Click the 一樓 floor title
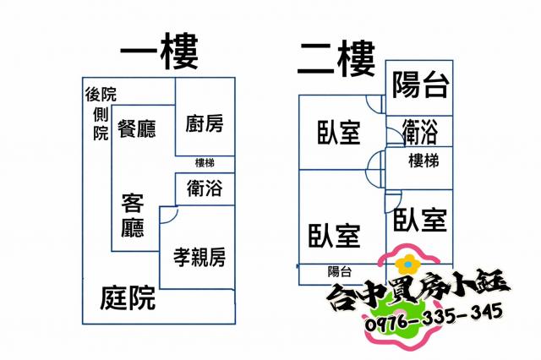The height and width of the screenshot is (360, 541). (159, 52)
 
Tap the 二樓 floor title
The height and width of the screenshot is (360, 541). (336, 57)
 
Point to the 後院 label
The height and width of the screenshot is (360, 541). (101, 94)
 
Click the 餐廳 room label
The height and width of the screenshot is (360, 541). (137, 128)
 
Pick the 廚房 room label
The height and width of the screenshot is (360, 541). (204, 124)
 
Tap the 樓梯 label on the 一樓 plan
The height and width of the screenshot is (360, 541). (205, 163)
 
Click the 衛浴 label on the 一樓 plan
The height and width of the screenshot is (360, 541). (205, 188)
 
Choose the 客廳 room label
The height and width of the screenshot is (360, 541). (133, 215)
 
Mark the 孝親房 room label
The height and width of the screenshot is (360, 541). (199, 256)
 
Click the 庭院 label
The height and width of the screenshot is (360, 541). (128, 297)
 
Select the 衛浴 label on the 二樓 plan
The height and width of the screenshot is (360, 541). (420, 131)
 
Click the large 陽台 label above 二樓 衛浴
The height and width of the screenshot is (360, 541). (420, 85)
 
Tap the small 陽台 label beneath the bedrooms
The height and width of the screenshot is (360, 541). (340, 271)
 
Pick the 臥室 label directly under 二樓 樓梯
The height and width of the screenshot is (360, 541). (419, 220)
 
